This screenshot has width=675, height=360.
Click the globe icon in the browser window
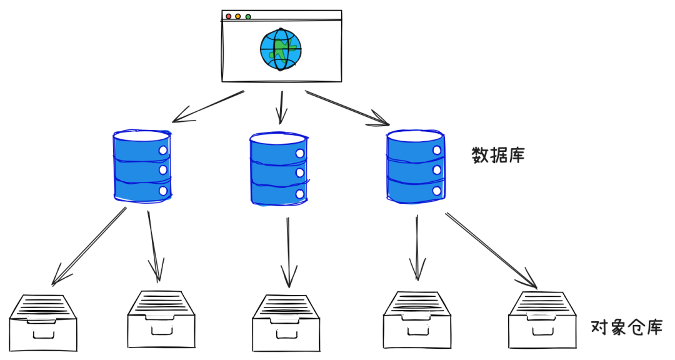(x=281, y=49)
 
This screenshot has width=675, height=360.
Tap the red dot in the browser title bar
(x=229, y=16)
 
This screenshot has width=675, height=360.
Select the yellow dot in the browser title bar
(x=239, y=16)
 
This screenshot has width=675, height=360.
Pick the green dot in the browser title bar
(x=248, y=16)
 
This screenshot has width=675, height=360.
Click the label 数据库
(x=497, y=155)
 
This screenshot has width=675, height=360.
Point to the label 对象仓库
(x=626, y=327)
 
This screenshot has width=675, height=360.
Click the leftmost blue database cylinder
(x=141, y=166)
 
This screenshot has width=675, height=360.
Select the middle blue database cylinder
(x=278, y=168)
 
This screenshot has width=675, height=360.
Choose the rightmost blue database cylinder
(x=415, y=166)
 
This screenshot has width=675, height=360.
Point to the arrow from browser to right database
(x=347, y=107)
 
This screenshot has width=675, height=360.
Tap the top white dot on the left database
(x=163, y=151)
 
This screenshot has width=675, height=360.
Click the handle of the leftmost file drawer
(x=43, y=334)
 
